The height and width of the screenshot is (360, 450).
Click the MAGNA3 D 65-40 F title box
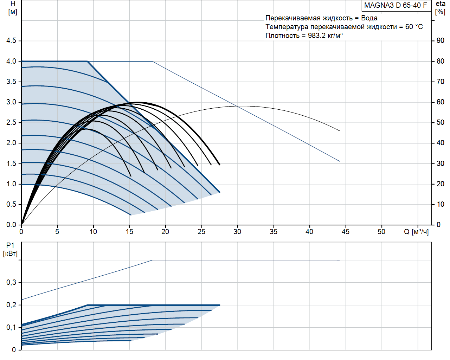(x=396, y=6)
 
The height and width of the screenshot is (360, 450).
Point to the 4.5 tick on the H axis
(x=11, y=41)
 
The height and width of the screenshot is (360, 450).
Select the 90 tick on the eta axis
(x=440, y=41)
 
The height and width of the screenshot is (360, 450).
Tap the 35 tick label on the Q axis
(x=273, y=232)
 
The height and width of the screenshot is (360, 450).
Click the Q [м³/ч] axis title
(x=416, y=232)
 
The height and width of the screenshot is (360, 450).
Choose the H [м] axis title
(x=13, y=8)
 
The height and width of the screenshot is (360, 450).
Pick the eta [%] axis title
(x=440, y=8)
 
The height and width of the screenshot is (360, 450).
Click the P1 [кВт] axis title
(x=10, y=250)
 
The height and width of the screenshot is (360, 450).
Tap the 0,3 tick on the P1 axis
(x=11, y=282)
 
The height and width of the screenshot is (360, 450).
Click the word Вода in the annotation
(x=369, y=18)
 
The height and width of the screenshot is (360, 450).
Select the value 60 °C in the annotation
(x=414, y=27)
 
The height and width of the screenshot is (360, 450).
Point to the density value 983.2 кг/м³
(x=325, y=36)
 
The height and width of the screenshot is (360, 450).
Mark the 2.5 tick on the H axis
(x=11, y=123)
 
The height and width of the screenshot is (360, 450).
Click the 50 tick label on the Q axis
(x=381, y=232)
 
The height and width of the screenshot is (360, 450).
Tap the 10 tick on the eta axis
(x=440, y=204)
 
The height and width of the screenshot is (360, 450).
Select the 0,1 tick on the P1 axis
(x=11, y=327)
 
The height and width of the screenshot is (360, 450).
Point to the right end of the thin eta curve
(x=340, y=131)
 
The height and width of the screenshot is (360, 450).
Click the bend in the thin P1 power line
(x=153, y=260)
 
